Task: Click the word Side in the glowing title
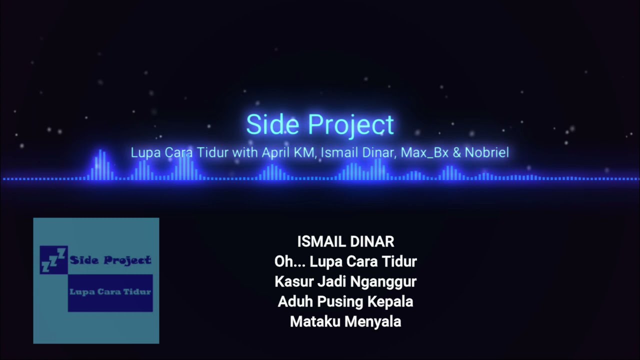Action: [x=272, y=124]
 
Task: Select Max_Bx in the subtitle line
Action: [x=424, y=152]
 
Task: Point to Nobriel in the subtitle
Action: [x=487, y=152]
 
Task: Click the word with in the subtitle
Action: [x=245, y=152]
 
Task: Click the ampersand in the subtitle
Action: [x=457, y=152]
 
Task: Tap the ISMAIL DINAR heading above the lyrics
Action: [x=345, y=241]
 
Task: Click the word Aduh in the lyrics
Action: [x=295, y=301]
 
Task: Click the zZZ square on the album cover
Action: [x=53, y=260]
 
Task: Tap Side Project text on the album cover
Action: [x=110, y=260]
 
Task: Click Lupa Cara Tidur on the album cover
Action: [x=110, y=291]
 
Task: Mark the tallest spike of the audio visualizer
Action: [x=100, y=164]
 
